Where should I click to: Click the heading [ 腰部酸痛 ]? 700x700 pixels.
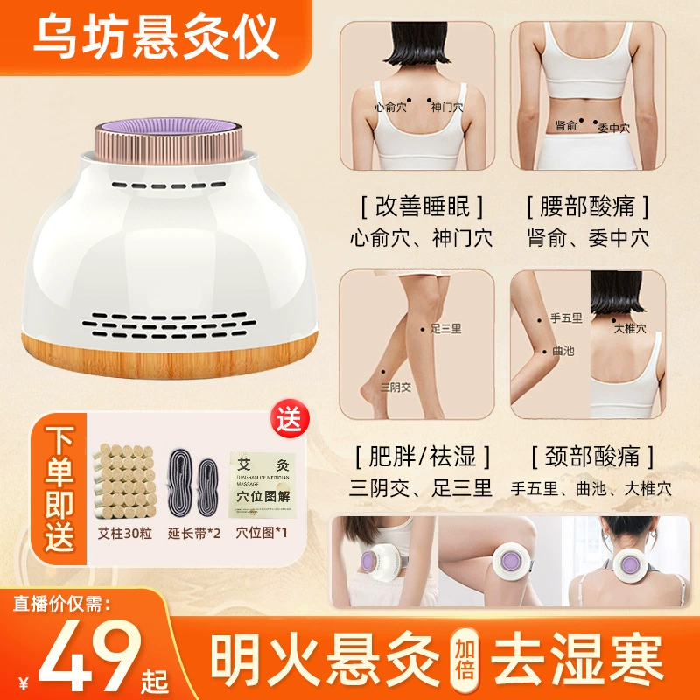coord(589,206)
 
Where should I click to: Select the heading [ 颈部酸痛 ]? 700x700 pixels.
coord(589,456)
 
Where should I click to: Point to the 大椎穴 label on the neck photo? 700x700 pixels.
coord(630,328)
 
